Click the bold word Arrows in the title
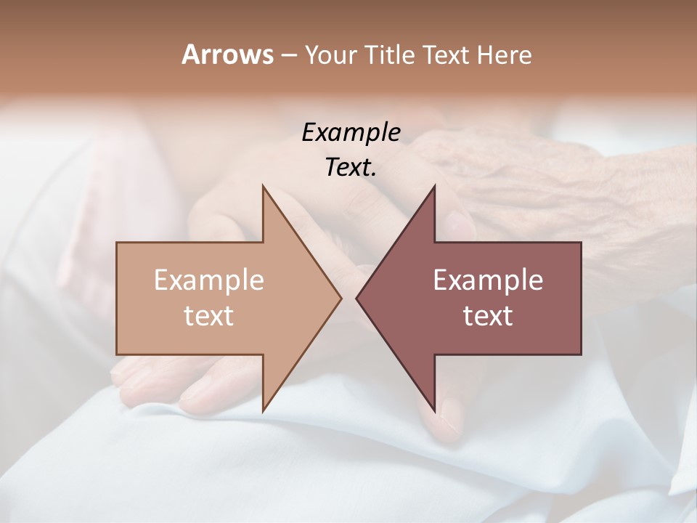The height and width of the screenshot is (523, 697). pos(227,55)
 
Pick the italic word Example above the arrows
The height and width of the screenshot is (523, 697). pos(351,133)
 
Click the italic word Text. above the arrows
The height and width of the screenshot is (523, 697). pos(351,168)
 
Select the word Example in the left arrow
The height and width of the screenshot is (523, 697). pos(209,280)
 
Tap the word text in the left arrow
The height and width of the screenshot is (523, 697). pos(209,315)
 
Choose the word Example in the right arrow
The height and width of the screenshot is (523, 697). pos(488,280)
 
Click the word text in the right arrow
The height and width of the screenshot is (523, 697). pos(488,315)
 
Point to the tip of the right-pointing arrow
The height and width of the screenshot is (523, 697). pos(342,298)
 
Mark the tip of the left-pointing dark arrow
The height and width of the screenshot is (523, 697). pos(356,298)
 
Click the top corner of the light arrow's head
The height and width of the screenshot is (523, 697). pos(263,186)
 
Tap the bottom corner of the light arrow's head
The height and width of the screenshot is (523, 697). pos(263,411)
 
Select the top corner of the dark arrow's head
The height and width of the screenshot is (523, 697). pos(435,186)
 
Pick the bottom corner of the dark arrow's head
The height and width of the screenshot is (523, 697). pos(435,411)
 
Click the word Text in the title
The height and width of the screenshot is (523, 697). pos(445,55)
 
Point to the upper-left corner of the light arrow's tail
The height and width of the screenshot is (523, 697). pos(117,243)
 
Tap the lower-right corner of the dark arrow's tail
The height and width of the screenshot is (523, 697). pos(581,354)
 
